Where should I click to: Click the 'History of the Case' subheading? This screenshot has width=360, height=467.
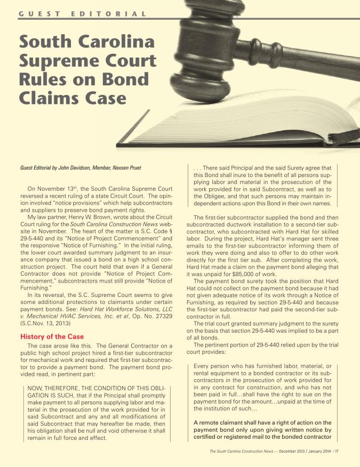(52, 336)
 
